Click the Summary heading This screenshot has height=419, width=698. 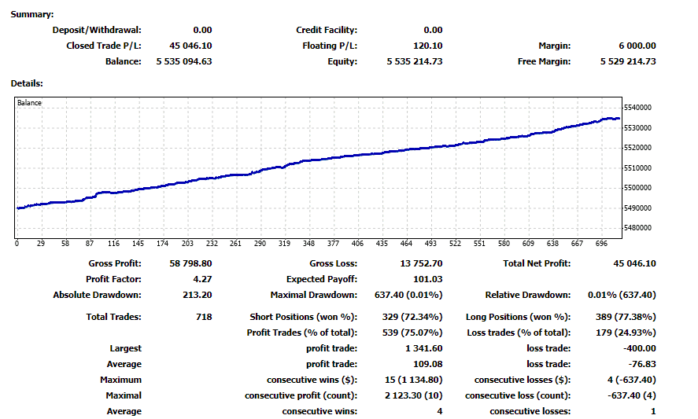pos(33,15)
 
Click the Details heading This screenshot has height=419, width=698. pos(27,83)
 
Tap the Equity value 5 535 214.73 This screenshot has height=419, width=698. pos(415,61)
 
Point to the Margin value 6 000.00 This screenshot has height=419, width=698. pos(637,46)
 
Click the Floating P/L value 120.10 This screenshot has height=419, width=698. pos(427,46)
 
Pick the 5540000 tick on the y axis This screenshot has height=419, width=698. pos(638,108)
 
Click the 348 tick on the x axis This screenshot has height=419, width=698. pos(308,244)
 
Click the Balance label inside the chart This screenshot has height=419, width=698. pos(29,103)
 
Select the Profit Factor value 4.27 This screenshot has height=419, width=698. pos(201,279)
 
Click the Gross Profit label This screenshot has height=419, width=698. pos(116,263)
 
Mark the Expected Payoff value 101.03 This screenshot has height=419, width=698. pos(428,279)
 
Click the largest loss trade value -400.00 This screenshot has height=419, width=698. pos(640,348)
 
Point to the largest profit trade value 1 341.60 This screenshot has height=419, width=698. pos(421,348)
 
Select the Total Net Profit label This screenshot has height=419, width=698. pos(537,263)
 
